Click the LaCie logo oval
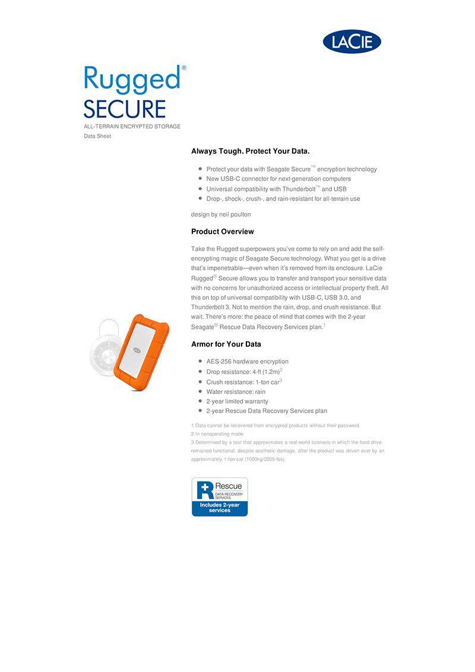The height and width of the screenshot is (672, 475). [351, 42]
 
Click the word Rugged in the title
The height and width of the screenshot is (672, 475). [132, 80]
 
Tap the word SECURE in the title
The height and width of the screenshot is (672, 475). [124, 109]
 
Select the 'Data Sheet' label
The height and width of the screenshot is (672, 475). [97, 137]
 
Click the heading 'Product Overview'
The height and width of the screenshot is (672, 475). [222, 232]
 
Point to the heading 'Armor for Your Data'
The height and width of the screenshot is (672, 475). [226, 344]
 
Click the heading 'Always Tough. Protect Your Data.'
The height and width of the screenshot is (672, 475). [250, 151]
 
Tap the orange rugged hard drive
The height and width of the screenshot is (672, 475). [141, 348]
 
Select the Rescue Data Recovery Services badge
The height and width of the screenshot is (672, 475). [219, 496]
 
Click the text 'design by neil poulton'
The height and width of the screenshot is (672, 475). [221, 214]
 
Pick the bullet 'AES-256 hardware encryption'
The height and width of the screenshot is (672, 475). [247, 362]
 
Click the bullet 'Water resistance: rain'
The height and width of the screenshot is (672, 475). [236, 392]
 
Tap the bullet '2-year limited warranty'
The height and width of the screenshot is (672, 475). [237, 401]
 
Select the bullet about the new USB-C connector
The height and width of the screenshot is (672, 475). [278, 179]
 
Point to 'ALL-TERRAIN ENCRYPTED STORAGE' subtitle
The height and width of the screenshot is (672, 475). [132, 126]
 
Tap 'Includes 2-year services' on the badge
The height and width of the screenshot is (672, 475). [220, 508]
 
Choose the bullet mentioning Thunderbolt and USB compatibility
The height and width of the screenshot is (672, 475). [276, 189]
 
